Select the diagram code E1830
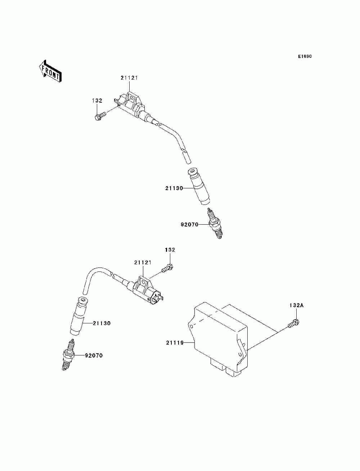pyautogui.click(x=305, y=57)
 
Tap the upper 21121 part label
pyautogui.click(x=129, y=77)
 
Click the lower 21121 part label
pyautogui.click(x=143, y=262)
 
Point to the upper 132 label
pyautogui.click(x=97, y=101)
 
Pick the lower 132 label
pyautogui.click(x=170, y=250)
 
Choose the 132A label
pyautogui.click(x=297, y=305)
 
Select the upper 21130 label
pyautogui.click(x=175, y=188)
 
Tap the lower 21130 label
pyautogui.click(x=102, y=323)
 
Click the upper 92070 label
pyautogui.click(x=189, y=225)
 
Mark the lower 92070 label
pyautogui.click(x=94, y=355)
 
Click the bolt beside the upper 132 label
pyautogui.click(x=100, y=116)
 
